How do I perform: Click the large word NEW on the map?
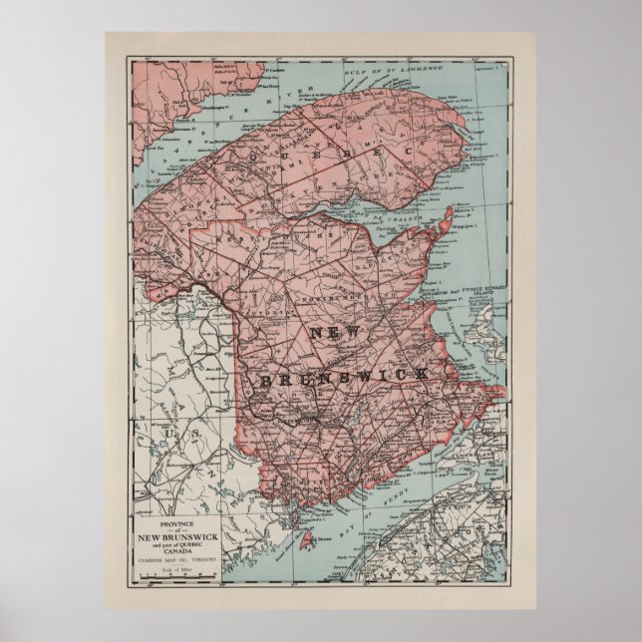click(x=336, y=333)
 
